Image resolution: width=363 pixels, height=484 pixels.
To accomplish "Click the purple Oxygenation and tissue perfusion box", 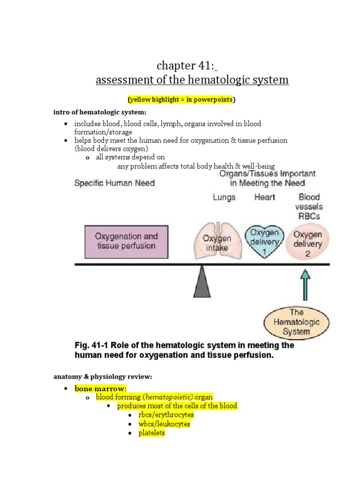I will tap(126, 241).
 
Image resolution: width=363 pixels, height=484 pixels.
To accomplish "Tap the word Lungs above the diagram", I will tap(224, 197).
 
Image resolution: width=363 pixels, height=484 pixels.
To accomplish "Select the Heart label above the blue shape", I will tap(265, 197).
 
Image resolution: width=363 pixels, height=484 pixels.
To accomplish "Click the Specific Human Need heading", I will tap(115, 182).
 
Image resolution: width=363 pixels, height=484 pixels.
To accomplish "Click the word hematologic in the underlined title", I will tap(218, 80).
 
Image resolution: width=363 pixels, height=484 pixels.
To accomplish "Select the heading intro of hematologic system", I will tap(100, 112).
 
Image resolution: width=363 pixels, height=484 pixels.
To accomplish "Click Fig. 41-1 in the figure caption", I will tap(94, 346).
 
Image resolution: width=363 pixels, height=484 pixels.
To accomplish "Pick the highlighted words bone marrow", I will tap(97, 389).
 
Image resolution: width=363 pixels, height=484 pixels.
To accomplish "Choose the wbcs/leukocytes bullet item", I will tap(164, 424).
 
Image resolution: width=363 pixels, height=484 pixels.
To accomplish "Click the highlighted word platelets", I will tap(151, 433).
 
